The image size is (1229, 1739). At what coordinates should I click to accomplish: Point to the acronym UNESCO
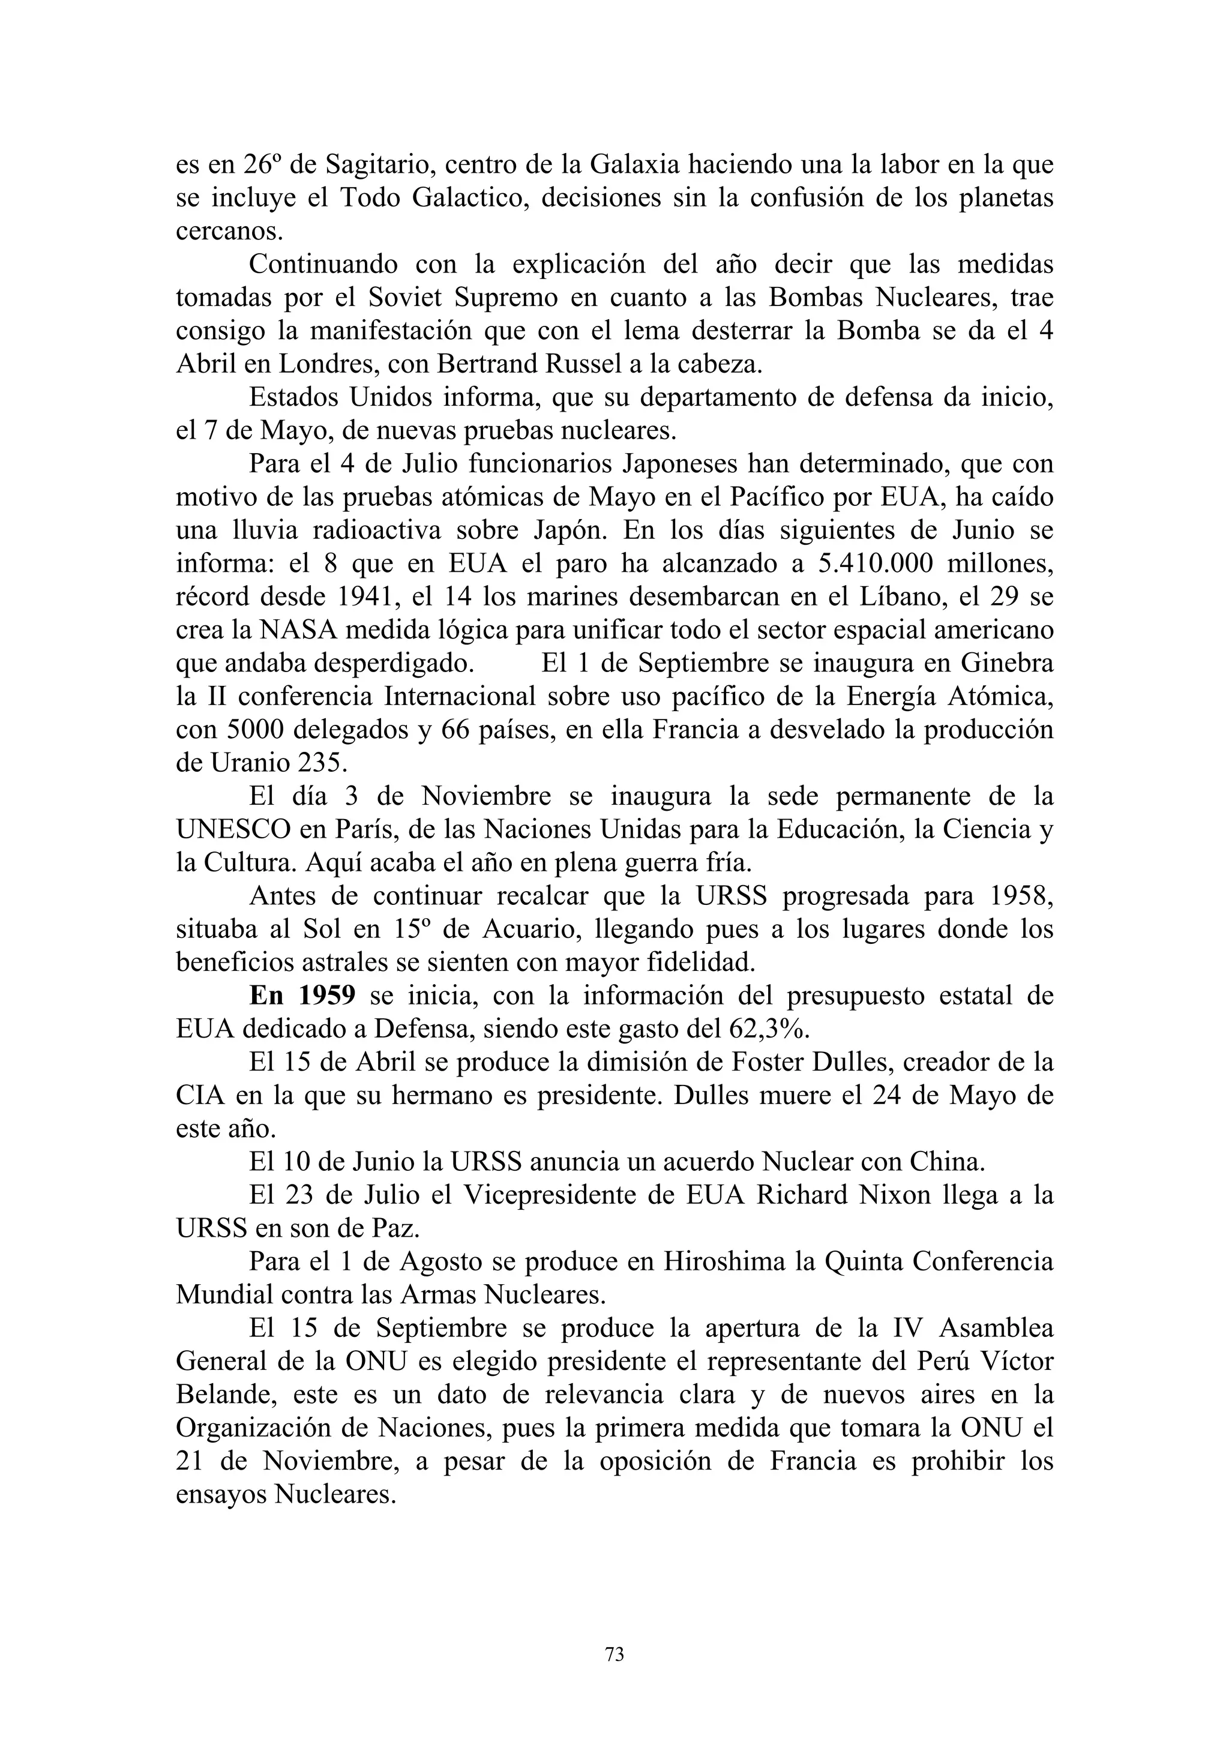(x=233, y=829)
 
